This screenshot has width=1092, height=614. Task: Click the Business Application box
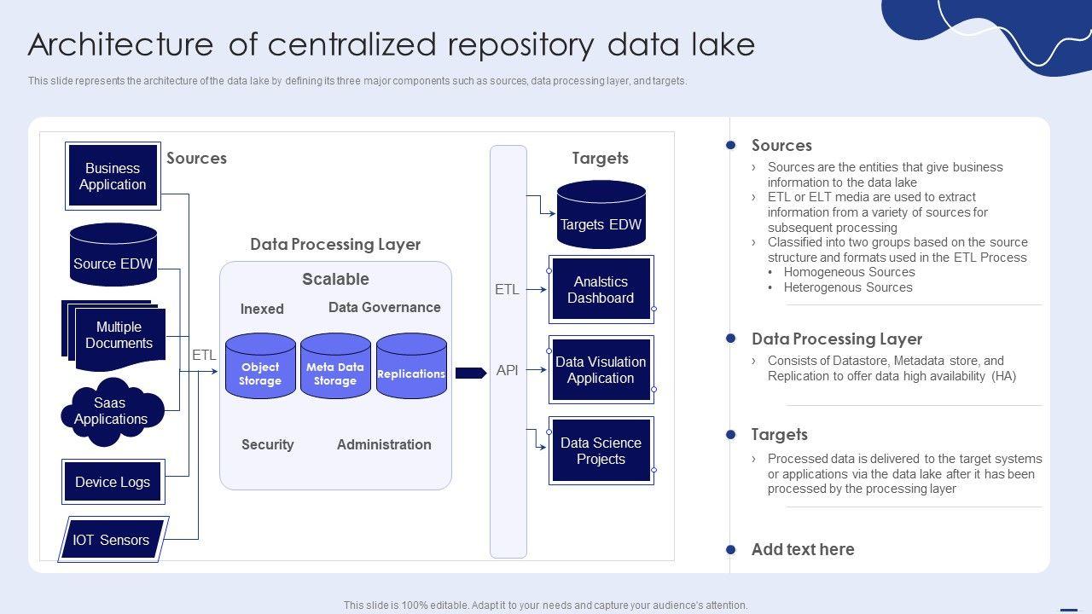(113, 177)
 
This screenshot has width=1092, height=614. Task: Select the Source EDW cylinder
(113, 255)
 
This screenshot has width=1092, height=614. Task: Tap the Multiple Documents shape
(118, 335)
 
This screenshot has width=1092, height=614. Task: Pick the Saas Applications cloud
(111, 412)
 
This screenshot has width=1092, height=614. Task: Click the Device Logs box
(113, 483)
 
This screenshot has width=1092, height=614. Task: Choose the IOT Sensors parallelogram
(112, 540)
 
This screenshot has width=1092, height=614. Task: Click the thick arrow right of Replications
(470, 373)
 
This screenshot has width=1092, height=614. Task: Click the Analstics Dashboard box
(601, 290)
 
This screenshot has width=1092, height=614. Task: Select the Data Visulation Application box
(601, 370)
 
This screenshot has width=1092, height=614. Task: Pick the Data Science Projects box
(601, 451)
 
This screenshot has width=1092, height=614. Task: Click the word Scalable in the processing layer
(335, 279)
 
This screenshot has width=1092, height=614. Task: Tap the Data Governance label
(385, 308)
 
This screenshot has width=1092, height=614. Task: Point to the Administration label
(384, 444)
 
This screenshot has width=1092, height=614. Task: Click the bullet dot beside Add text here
(730, 550)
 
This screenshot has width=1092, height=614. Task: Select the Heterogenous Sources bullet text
(848, 287)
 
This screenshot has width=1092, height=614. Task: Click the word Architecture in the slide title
(120, 45)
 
